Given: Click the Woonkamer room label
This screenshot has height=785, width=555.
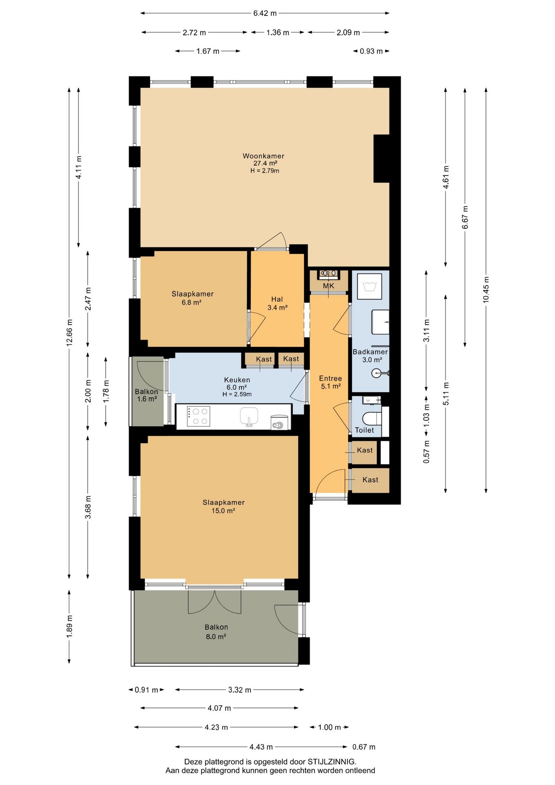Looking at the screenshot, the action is coord(263,156).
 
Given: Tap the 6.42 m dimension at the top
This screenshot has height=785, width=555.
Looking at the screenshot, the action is coord(265,13).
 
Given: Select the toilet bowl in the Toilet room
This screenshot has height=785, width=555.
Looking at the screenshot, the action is coord(371,419).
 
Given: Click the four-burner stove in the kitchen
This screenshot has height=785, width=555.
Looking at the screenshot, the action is coord(199,416).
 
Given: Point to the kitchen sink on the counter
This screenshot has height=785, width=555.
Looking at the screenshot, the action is coord(249,416).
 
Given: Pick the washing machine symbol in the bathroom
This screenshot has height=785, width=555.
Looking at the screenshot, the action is coord(369,286).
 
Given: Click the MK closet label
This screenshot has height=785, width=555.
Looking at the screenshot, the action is coord(329,286).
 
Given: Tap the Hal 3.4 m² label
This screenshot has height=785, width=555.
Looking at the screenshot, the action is coord(277,303).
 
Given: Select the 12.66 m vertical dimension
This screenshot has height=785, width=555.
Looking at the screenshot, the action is coord(69,333).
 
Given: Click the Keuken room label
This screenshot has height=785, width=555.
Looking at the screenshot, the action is coord(237,380).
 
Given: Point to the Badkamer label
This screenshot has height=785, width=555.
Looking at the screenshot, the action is coord(370,352).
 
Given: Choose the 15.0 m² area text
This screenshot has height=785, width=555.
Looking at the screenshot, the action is coord(223,511).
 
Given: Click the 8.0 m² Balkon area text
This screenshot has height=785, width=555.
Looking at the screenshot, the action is coord(216,636).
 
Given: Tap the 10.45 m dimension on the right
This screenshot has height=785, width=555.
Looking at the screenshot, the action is coord(486,290).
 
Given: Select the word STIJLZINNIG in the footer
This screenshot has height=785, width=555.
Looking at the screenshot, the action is coord(332,762).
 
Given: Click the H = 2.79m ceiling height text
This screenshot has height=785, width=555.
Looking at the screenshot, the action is coord(265,171).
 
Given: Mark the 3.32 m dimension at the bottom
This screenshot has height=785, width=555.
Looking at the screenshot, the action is coord(239,690).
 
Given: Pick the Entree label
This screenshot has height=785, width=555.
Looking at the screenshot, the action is coord(331,378).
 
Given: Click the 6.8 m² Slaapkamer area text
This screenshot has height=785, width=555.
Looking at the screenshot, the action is coord(192,303).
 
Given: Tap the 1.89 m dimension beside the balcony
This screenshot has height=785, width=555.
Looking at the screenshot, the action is coord(69,624).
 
